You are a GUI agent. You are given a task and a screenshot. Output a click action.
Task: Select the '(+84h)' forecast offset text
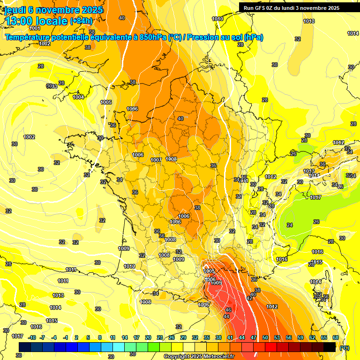click(81, 21)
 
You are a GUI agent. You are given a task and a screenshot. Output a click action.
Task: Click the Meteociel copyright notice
click(199, 356)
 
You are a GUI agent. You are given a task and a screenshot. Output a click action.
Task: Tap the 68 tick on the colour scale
click(336, 337)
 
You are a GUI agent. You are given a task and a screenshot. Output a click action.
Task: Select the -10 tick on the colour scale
click(32, 337)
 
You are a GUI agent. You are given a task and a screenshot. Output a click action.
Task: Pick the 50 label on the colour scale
click(265, 337)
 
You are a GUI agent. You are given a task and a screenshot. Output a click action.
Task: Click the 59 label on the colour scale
click(300, 337)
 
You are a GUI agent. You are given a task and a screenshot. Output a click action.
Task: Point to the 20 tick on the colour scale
click(148, 337)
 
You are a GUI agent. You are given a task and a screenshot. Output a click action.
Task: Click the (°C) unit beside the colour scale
click(345, 348)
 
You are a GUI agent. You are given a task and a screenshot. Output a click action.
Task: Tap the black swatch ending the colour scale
click(330, 346)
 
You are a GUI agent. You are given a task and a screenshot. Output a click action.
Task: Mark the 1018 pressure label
click(309, 21)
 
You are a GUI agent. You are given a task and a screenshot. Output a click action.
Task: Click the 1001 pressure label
click(35, 29)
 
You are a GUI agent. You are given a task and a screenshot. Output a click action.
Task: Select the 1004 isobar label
click(78, 97)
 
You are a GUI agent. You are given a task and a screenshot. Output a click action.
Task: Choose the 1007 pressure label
click(156, 160)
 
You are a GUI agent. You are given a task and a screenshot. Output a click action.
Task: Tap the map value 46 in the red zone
click(228, 310)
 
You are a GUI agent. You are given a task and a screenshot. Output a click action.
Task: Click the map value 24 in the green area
click(290, 225)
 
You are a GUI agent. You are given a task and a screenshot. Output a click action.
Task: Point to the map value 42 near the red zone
click(249, 298)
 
